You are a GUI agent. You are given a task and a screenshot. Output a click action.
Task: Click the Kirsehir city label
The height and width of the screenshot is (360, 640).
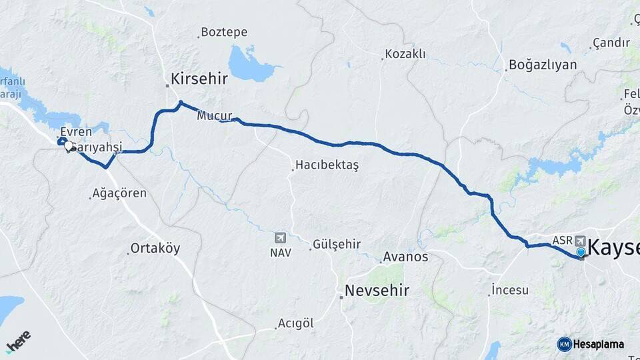[x=199, y=79]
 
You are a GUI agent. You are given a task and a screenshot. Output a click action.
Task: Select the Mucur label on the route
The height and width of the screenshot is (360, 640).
[x=214, y=116]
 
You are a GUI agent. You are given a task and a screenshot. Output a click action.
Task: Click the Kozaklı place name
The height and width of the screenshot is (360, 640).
[x=405, y=54]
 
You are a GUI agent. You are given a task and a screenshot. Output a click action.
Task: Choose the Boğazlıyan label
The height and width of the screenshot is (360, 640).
[x=542, y=65]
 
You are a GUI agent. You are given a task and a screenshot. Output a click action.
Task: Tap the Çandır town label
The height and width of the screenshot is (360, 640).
[x=611, y=43]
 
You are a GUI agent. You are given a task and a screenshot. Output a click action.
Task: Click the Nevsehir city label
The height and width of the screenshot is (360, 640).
[x=377, y=291]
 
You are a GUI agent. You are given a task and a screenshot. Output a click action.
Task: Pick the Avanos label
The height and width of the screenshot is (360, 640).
[x=405, y=257]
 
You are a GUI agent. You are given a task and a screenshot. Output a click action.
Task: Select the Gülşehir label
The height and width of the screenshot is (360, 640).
[x=336, y=245]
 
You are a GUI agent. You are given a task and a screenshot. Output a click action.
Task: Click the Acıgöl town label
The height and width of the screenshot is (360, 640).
[x=295, y=323]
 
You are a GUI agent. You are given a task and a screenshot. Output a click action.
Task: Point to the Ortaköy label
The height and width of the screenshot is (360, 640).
[x=155, y=249]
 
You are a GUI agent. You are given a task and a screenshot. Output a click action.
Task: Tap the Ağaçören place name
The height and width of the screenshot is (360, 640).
[x=120, y=193]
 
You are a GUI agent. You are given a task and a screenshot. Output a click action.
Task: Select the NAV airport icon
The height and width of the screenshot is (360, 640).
[x=280, y=238]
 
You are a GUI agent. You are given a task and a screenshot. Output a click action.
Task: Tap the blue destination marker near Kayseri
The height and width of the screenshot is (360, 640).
[x=581, y=253]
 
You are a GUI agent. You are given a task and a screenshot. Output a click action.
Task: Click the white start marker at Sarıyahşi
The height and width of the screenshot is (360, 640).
[x=69, y=147]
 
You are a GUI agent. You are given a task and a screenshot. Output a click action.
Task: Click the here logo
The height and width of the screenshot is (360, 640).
[x=18, y=342]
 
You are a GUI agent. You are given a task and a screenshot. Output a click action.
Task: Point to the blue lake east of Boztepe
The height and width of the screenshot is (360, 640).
[x=250, y=63]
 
